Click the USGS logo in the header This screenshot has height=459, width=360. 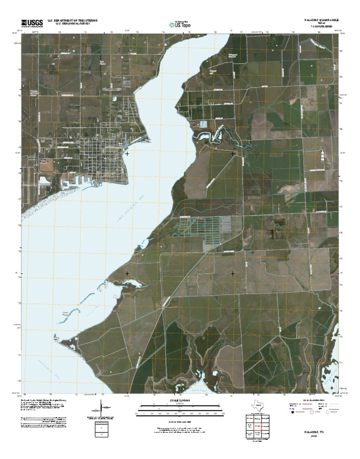(x=32, y=22)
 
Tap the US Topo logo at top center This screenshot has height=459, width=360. (x=180, y=23)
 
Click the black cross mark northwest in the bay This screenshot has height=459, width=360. (x=127, y=153)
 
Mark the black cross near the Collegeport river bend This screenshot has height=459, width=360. (x=233, y=153)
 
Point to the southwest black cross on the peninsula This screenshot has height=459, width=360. (x=127, y=273)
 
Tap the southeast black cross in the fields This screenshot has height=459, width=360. (x=233, y=273)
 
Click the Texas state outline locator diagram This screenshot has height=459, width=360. (x=256, y=407)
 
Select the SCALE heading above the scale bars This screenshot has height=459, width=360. (x=180, y=400)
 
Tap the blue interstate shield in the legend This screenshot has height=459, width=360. (x=292, y=414)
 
